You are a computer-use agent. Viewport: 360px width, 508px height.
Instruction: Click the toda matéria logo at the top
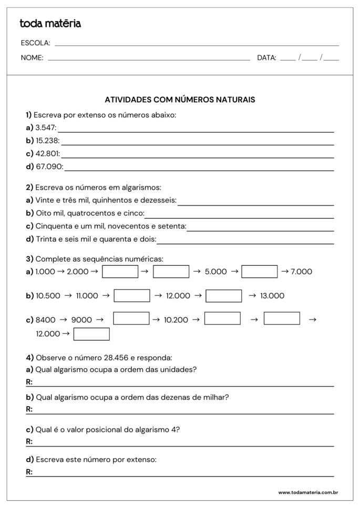50,24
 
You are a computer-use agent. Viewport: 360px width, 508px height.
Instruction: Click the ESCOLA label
35,43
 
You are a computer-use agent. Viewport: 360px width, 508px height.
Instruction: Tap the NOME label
32,58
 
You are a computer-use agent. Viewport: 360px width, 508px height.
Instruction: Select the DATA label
266,58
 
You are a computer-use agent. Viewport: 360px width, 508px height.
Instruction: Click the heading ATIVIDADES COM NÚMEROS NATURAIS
180,99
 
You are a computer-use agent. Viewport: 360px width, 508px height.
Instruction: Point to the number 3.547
45,128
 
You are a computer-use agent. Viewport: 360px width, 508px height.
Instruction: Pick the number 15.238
47,141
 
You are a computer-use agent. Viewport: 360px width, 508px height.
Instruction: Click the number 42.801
47,154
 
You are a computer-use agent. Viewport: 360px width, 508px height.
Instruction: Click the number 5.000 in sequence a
215,272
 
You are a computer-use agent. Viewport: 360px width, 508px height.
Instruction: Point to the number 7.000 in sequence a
301,272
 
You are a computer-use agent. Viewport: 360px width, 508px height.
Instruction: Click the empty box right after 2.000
120,272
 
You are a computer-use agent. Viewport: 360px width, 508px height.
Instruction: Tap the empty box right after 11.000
131,296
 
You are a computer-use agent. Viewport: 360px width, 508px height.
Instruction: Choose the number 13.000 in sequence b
272,296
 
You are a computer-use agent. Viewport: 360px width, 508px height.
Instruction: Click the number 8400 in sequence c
45,320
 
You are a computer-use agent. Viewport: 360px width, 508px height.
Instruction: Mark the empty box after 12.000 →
91,334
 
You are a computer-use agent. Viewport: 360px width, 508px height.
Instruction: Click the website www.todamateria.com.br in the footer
307,493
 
